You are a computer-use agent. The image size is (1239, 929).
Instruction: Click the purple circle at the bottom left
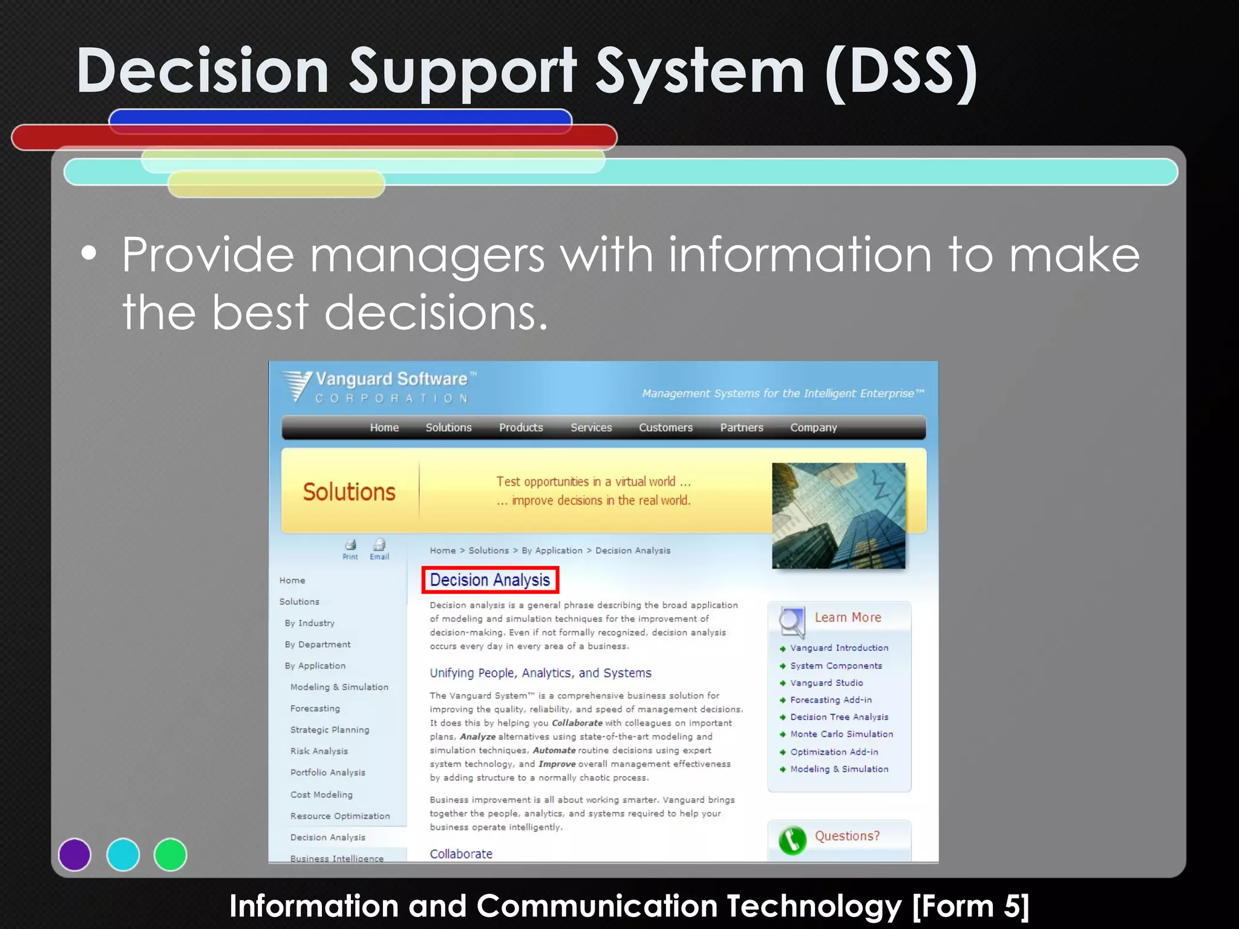tap(74, 855)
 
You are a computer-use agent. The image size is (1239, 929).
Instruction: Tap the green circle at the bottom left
tap(171, 855)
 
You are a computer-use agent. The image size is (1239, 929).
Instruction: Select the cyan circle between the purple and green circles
tap(123, 855)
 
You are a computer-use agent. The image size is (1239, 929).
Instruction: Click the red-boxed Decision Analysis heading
tap(489, 580)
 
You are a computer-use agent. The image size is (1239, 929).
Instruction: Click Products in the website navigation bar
tap(521, 428)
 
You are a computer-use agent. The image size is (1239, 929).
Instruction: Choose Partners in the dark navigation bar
tap(742, 428)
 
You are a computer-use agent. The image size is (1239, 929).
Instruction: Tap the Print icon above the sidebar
tap(350, 547)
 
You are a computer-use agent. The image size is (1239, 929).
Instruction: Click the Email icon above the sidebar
tap(379, 547)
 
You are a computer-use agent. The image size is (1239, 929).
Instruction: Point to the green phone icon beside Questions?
tap(792, 840)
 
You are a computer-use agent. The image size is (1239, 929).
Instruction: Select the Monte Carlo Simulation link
tap(841, 734)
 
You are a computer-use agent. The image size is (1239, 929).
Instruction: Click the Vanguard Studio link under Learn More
tap(826, 683)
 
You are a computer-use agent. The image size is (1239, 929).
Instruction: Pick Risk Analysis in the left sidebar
tap(319, 751)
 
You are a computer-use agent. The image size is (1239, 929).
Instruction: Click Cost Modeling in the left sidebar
tap(321, 795)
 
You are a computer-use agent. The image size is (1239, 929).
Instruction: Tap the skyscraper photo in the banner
tap(839, 515)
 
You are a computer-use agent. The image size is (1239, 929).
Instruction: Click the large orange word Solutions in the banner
tap(349, 492)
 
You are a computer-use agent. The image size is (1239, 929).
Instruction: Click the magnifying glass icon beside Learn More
tap(791, 621)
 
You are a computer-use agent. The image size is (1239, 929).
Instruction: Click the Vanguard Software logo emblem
tap(297, 385)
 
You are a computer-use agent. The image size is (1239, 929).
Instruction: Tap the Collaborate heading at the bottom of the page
tap(461, 854)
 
